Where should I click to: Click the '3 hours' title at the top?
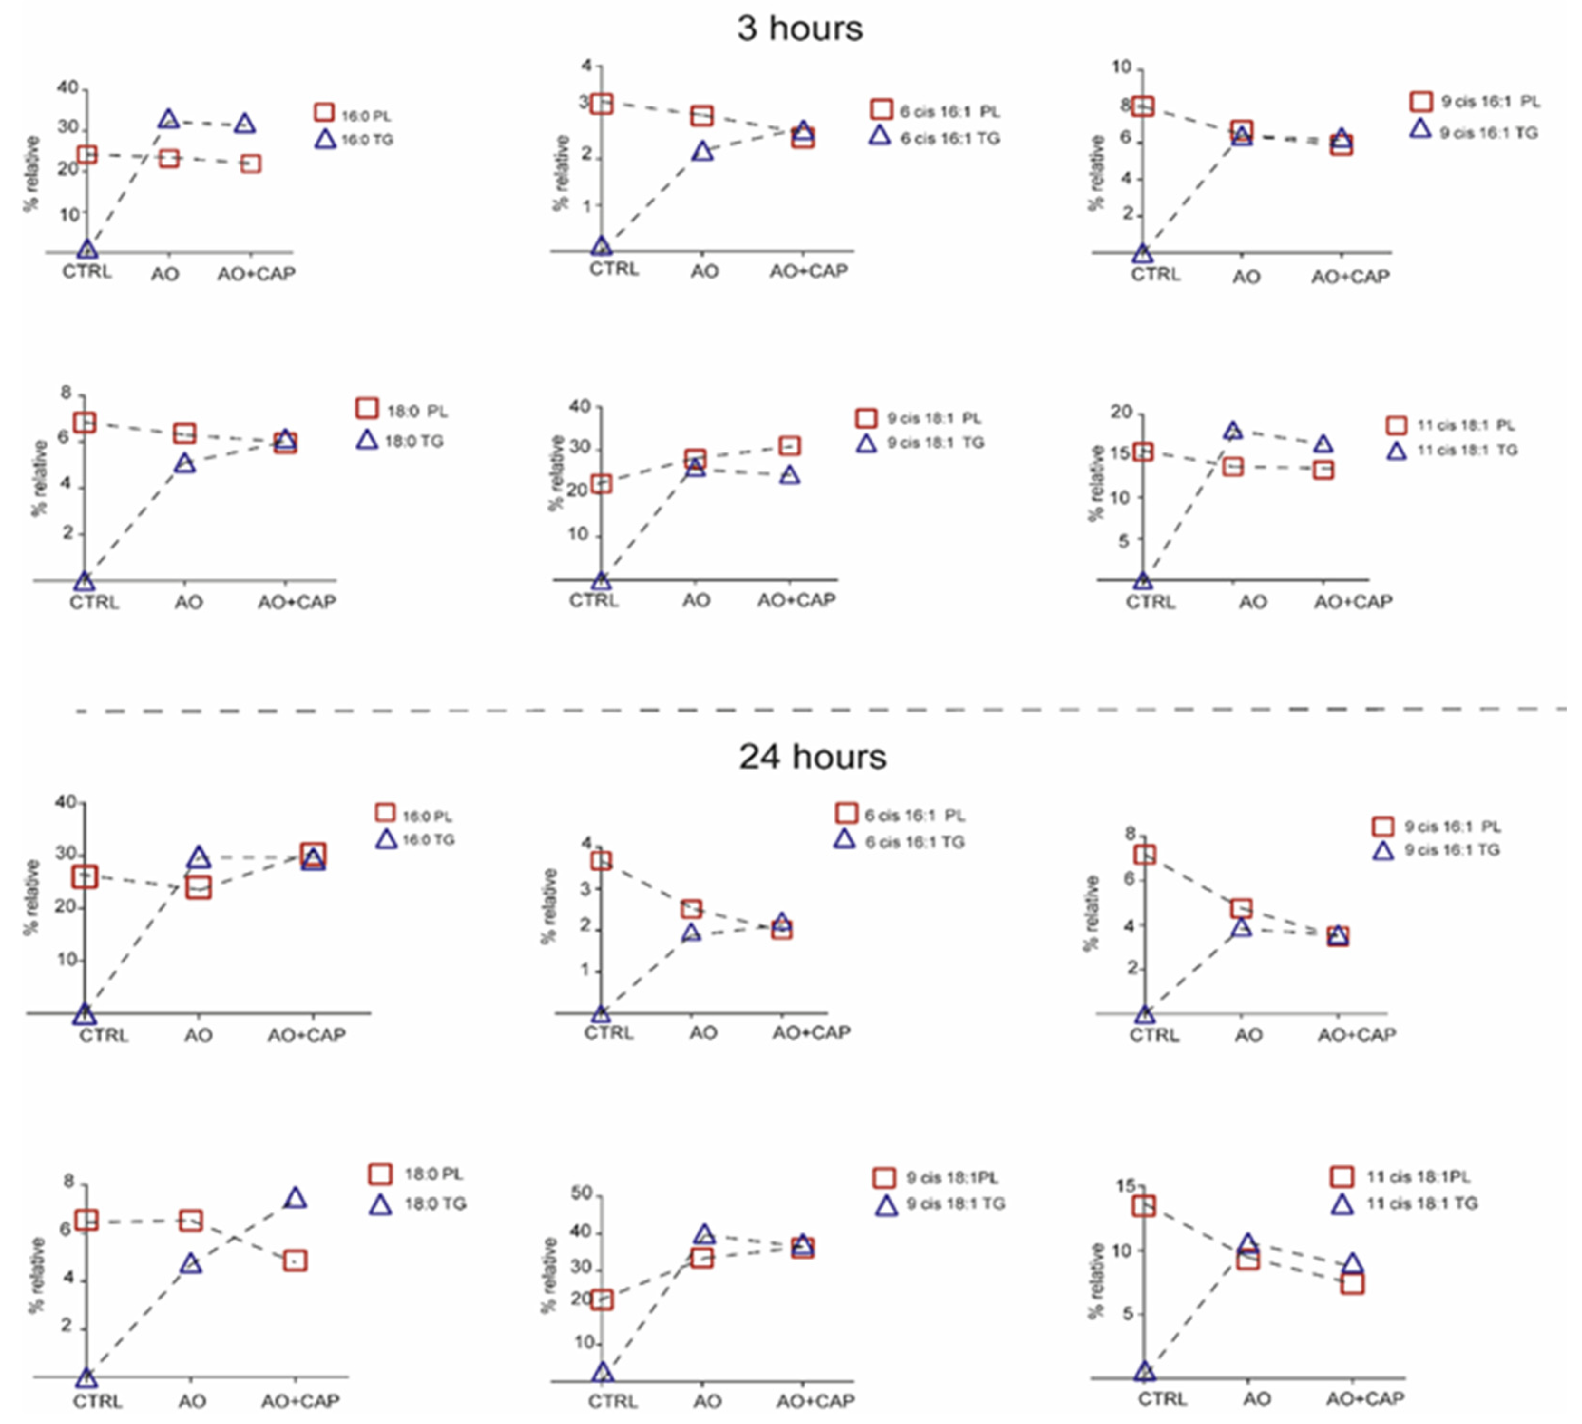[800, 29]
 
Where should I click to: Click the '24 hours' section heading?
[812, 757]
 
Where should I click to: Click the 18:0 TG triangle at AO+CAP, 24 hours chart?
[295, 1197]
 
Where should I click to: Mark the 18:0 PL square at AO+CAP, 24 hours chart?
[295, 1260]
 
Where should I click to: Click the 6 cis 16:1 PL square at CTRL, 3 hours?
[601, 103]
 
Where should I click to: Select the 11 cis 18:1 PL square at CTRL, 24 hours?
[1144, 1206]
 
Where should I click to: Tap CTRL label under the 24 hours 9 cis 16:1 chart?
[1154, 1035]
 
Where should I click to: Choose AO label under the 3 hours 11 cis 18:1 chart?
[1253, 602]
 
